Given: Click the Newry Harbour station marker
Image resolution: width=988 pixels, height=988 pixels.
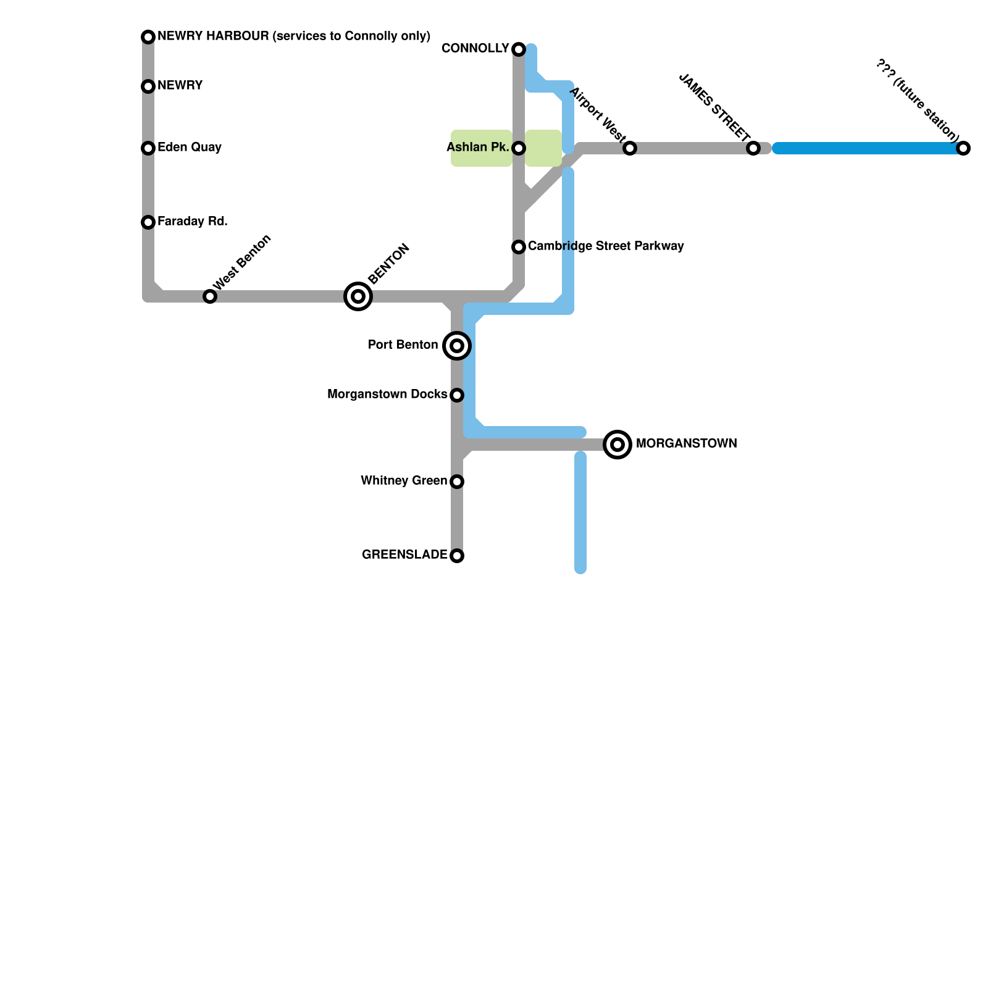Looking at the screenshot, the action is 148,37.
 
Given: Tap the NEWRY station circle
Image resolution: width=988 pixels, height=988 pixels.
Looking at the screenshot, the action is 148,86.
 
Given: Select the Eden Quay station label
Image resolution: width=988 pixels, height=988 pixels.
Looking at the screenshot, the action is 189,148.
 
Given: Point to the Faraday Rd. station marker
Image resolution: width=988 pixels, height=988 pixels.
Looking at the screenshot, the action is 148,222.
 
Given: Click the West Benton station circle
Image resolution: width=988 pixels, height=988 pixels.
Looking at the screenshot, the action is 210,296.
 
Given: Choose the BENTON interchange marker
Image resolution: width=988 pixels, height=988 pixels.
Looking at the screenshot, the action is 358,296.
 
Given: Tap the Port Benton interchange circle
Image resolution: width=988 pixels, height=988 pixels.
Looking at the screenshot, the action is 457,346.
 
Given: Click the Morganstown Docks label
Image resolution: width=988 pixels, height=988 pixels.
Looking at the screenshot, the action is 387,395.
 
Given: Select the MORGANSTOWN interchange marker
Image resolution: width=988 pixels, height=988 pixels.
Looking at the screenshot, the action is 617,445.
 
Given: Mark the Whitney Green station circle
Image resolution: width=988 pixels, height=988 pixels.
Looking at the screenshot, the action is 457,482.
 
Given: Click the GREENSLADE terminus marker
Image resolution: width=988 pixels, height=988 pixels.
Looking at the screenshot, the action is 457,556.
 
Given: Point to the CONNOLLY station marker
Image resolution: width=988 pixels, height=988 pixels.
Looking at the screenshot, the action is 519,49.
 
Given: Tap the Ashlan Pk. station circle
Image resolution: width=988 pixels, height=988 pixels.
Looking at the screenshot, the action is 519,148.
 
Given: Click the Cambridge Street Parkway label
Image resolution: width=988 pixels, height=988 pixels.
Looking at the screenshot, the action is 606,246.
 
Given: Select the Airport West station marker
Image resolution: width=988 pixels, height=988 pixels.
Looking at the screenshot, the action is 630,148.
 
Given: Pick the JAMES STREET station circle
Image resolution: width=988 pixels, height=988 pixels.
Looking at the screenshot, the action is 753,148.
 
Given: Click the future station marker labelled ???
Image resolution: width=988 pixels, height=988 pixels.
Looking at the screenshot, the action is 963,148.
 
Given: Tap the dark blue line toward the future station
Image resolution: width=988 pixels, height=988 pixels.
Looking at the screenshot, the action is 865,148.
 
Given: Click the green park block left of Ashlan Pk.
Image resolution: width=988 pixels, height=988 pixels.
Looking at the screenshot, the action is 481,148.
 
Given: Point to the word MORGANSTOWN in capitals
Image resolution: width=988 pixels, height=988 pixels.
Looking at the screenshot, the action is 686,444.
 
